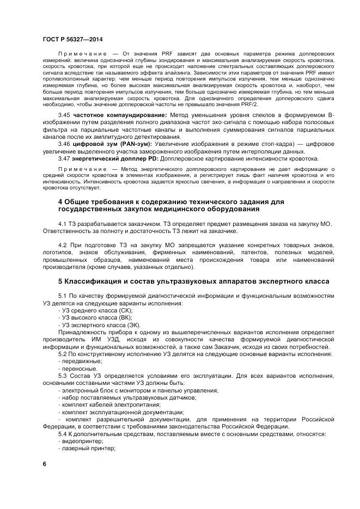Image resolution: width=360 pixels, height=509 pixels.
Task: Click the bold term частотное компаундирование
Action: click(120, 115)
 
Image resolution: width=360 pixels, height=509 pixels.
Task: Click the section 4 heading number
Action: click(60, 202)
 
